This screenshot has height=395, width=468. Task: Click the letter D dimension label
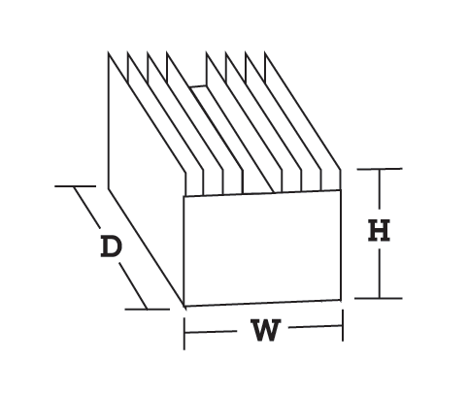click(112, 247)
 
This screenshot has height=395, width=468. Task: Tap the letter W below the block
click(266, 330)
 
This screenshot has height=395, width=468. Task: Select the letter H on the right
click(379, 230)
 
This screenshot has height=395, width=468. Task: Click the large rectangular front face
click(262, 247)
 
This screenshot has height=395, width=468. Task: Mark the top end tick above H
click(380, 169)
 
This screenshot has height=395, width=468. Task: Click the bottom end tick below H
click(379, 298)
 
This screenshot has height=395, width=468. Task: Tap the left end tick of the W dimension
click(184, 334)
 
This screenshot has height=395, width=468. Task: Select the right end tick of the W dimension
click(343, 325)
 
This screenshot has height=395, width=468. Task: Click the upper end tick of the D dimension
click(76, 186)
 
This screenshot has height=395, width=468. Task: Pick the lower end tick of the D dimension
click(148, 310)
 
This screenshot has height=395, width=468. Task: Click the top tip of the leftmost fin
click(109, 52)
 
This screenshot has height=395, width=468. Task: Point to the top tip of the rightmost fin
click(265, 52)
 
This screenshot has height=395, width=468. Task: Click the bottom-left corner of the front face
click(184, 306)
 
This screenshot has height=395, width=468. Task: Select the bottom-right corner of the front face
click(341, 300)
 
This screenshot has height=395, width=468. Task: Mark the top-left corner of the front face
click(184, 196)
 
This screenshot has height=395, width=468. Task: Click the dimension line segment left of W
click(211, 332)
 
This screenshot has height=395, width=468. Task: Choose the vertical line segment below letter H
click(379, 274)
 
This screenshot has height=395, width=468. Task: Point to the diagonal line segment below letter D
click(133, 286)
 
